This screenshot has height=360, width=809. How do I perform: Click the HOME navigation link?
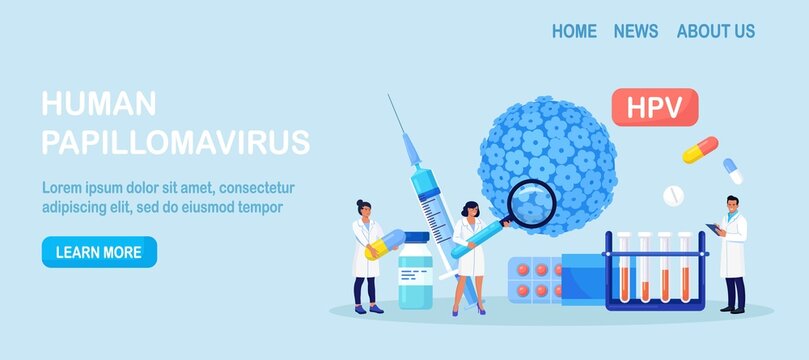(574, 31)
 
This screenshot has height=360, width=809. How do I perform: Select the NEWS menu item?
(636, 31)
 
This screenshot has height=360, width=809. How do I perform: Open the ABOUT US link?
(715, 31)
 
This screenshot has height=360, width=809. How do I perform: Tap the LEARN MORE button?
(99, 252)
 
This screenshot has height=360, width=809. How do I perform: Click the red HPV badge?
(654, 107)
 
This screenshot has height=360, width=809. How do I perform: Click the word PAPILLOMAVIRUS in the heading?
(175, 142)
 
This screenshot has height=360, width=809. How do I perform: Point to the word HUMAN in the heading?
(99, 104)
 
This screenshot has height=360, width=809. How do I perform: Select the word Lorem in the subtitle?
(62, 187)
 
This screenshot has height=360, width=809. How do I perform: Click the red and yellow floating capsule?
(699, 149)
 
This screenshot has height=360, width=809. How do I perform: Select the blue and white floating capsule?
(733, 171)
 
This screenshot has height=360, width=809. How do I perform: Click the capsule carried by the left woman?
(384, 244)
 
